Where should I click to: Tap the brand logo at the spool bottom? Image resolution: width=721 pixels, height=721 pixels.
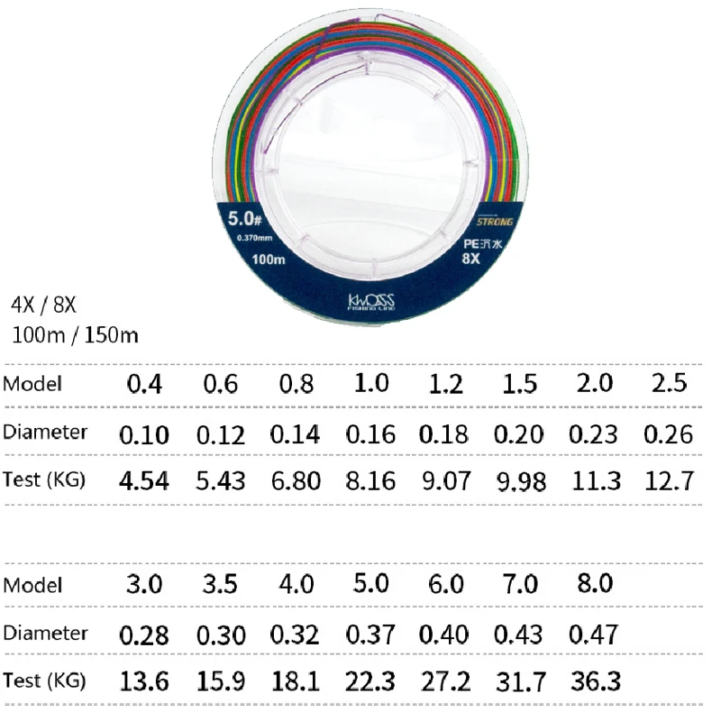(371, 304)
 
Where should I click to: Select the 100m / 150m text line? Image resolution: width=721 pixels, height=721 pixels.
(76, 335)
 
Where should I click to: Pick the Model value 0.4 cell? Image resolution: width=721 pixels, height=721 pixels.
(144, 385)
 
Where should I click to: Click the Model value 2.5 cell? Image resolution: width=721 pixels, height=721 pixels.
(669, 382)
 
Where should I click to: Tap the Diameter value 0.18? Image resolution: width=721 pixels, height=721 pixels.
(445, 434)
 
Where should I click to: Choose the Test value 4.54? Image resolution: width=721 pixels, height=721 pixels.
(144, 480)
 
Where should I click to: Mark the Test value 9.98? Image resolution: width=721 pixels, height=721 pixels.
(520, 482)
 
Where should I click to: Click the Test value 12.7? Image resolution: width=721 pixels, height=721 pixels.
(669, 480)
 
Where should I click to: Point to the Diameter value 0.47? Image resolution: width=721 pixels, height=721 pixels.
(594, 633)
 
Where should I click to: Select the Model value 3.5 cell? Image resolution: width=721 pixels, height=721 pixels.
(220, 584)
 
